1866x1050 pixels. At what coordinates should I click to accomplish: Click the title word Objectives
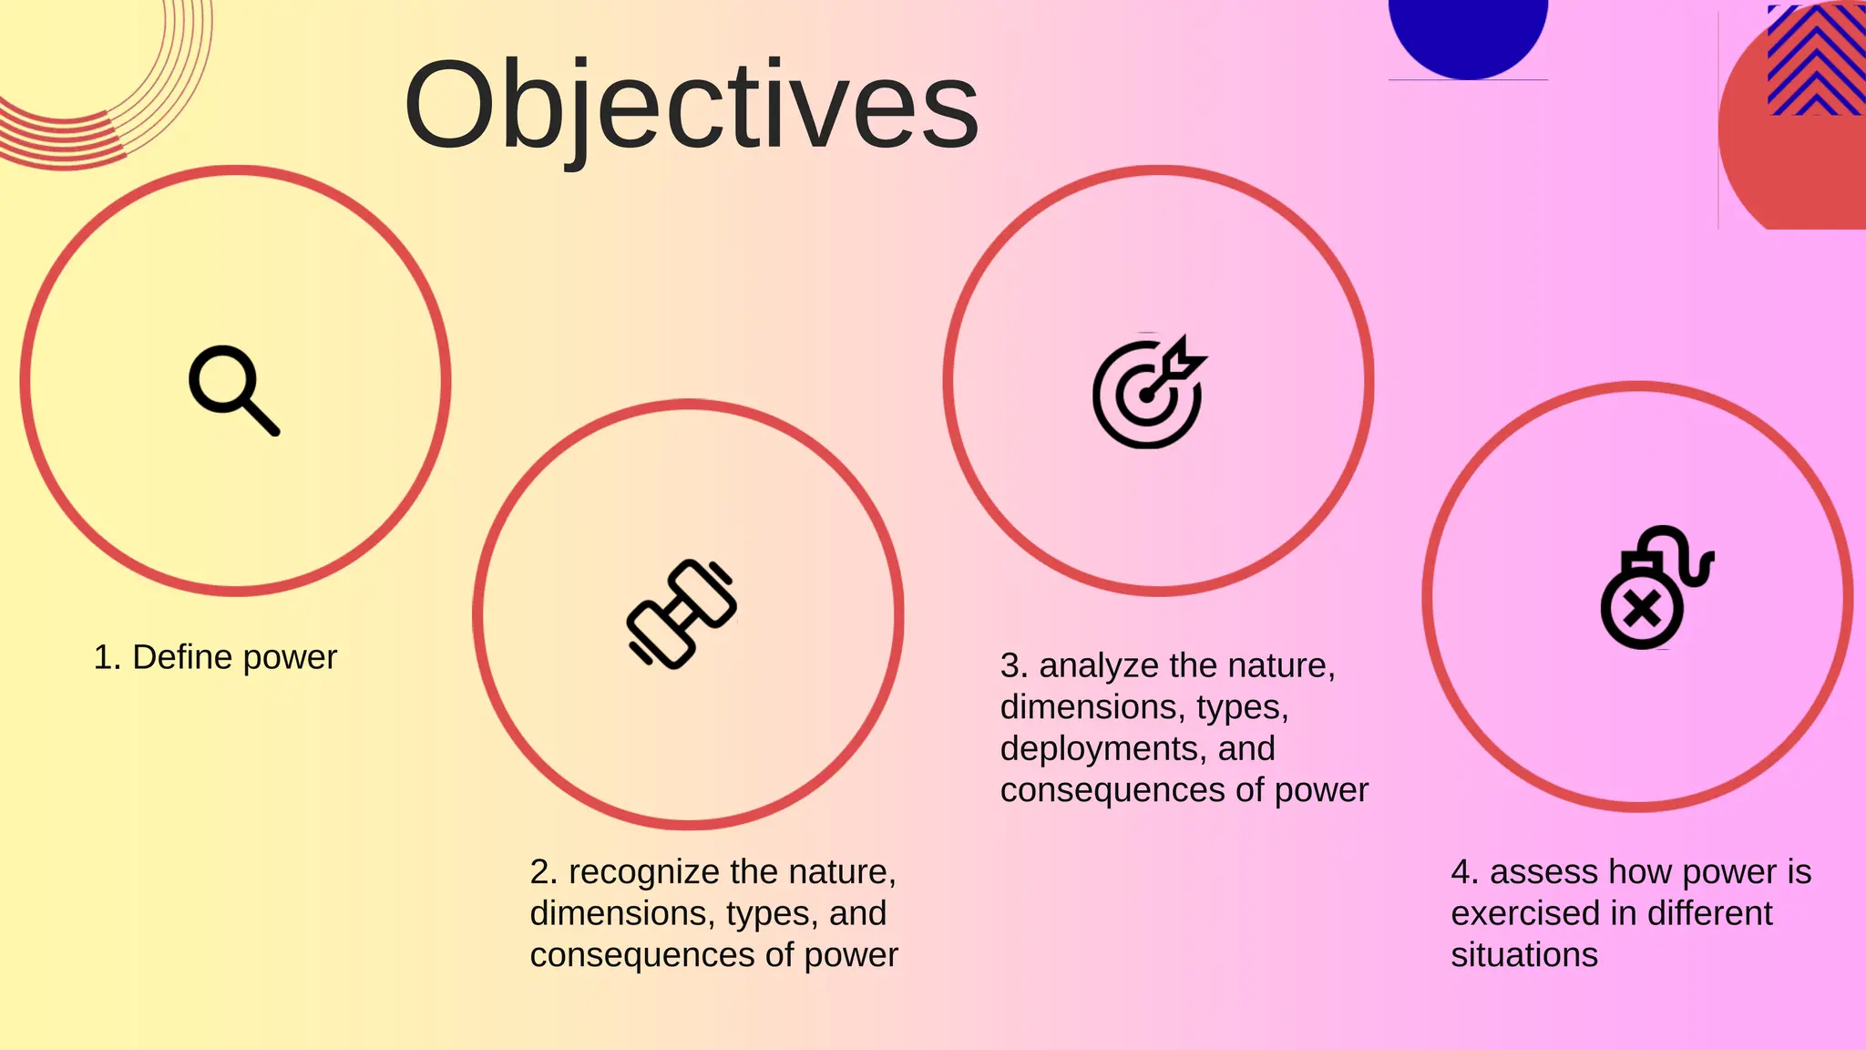(691, 106)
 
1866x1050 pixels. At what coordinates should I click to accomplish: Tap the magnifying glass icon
(233, 390)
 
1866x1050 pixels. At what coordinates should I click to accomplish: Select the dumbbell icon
(682, 613)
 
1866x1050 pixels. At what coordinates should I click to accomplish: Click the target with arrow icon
(1148, 393)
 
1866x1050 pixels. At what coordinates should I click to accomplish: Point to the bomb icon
(1655, 589)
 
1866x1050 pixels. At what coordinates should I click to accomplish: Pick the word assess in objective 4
(1543, 872)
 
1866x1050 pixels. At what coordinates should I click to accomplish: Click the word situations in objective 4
(1524, 955)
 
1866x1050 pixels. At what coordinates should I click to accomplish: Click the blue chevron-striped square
(1815, 60)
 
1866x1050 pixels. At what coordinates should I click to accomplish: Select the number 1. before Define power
(107, 657)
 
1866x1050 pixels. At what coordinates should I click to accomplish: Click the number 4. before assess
(1464, 872)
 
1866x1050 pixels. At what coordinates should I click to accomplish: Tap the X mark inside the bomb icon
(1642, 609)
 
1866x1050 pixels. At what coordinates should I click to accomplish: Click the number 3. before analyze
(1013, 666)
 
